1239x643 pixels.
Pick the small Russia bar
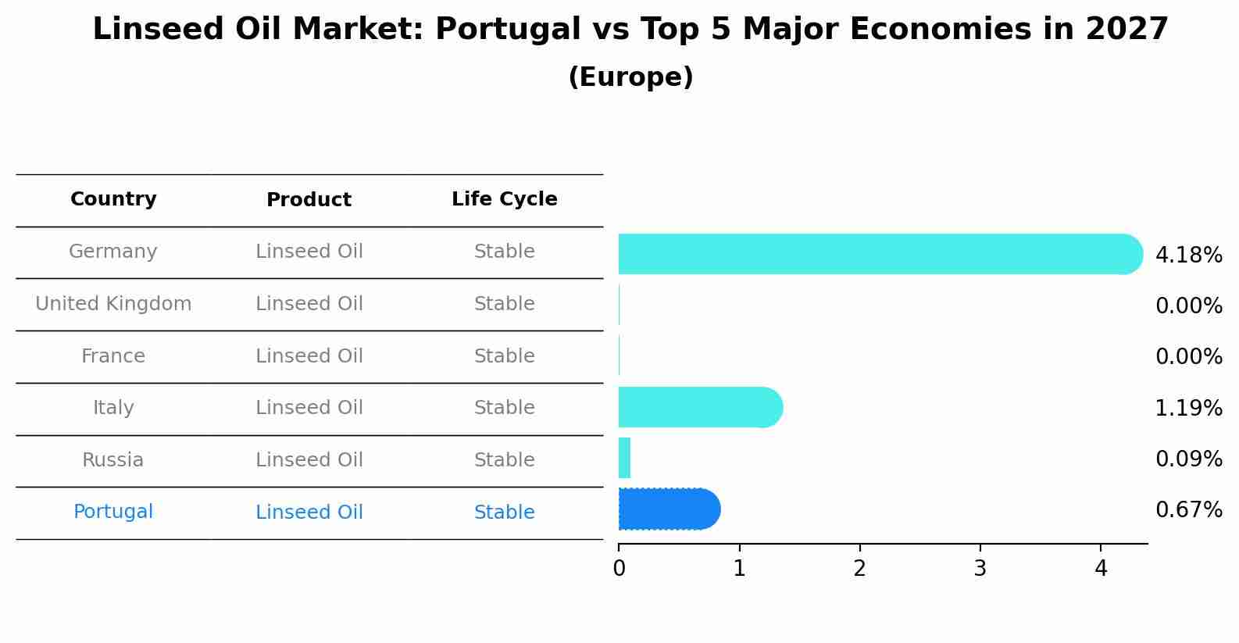[624, 458]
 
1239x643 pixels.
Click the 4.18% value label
[1188, 255]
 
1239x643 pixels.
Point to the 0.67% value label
[1188, 510]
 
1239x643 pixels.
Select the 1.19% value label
[1188, 408]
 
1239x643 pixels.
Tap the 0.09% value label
[1188, 459]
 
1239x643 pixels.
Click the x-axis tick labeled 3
[980, 569]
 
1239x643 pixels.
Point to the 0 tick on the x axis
[619, 569]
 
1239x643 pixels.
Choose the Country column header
[113, 199]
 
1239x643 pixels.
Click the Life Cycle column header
[504, 199]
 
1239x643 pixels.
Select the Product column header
[309, 200]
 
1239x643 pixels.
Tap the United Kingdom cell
[113, 304]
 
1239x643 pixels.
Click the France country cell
[113, 356]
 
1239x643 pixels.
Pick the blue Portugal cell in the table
[113, 512]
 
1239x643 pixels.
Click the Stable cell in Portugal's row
[504, 513]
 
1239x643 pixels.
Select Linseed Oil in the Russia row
[309, 460]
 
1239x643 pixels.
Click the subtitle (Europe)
[630, 77]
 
